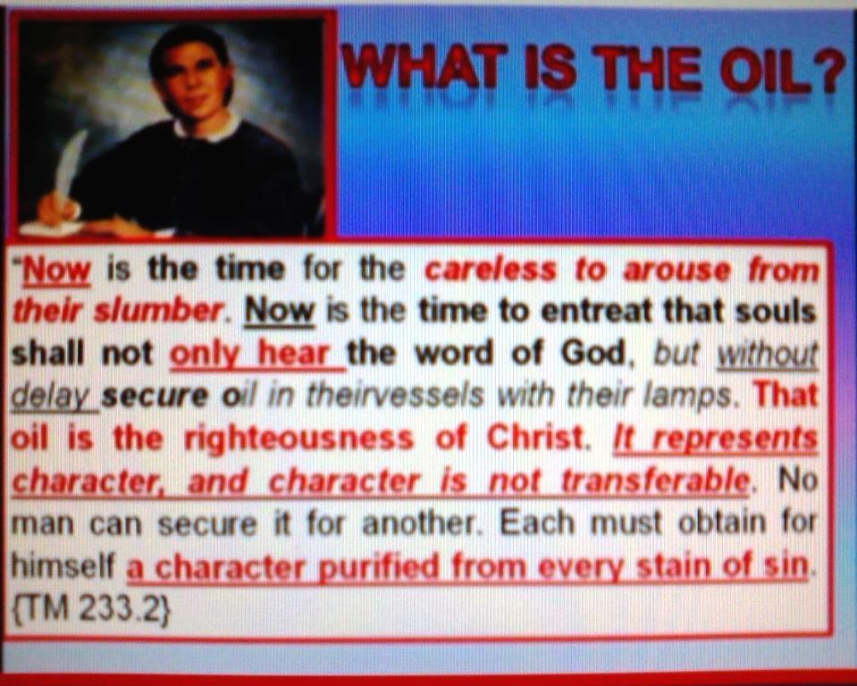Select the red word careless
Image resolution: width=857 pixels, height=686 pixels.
[491, 270]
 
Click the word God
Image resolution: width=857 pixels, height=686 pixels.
[593, 354]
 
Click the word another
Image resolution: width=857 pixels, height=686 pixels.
[423, 524]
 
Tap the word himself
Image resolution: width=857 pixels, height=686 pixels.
[63, 566]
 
